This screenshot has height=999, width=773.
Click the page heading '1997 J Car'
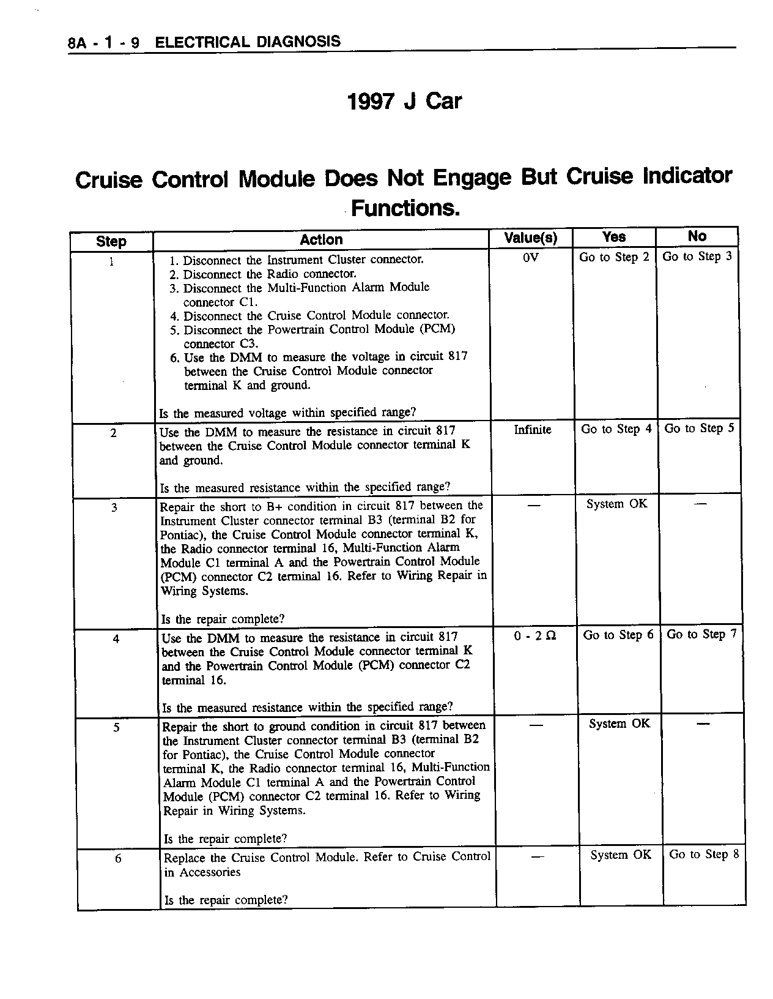[x=404, y=101]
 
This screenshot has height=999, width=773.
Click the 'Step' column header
[x=111, y=241]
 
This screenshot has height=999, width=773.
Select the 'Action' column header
[x=321, y=240]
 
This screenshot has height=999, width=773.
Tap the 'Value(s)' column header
[x=530, y=238]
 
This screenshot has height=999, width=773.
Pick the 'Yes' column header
[x=613, y=237]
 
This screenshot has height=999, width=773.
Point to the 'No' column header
[x=697, y=236]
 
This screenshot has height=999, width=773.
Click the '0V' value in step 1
[x=531, y=258]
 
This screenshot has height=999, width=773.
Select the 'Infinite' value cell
[x=532, y=430]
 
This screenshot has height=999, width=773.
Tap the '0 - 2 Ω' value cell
[x=535, y=636]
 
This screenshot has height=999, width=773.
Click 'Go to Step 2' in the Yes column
[x=614, y=257]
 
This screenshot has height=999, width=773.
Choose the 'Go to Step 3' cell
[x=697, y=256]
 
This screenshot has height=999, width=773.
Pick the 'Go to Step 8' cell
[x=704, y=855]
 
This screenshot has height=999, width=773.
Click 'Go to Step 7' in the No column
[x=701, y=634]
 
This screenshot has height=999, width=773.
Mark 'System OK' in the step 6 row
[x=621, y=855]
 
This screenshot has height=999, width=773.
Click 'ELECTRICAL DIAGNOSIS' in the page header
[x=248, y=42]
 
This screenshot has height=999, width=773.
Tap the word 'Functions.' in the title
[x=405, y=209]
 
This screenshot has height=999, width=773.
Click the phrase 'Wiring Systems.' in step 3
[x=204, y=591]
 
